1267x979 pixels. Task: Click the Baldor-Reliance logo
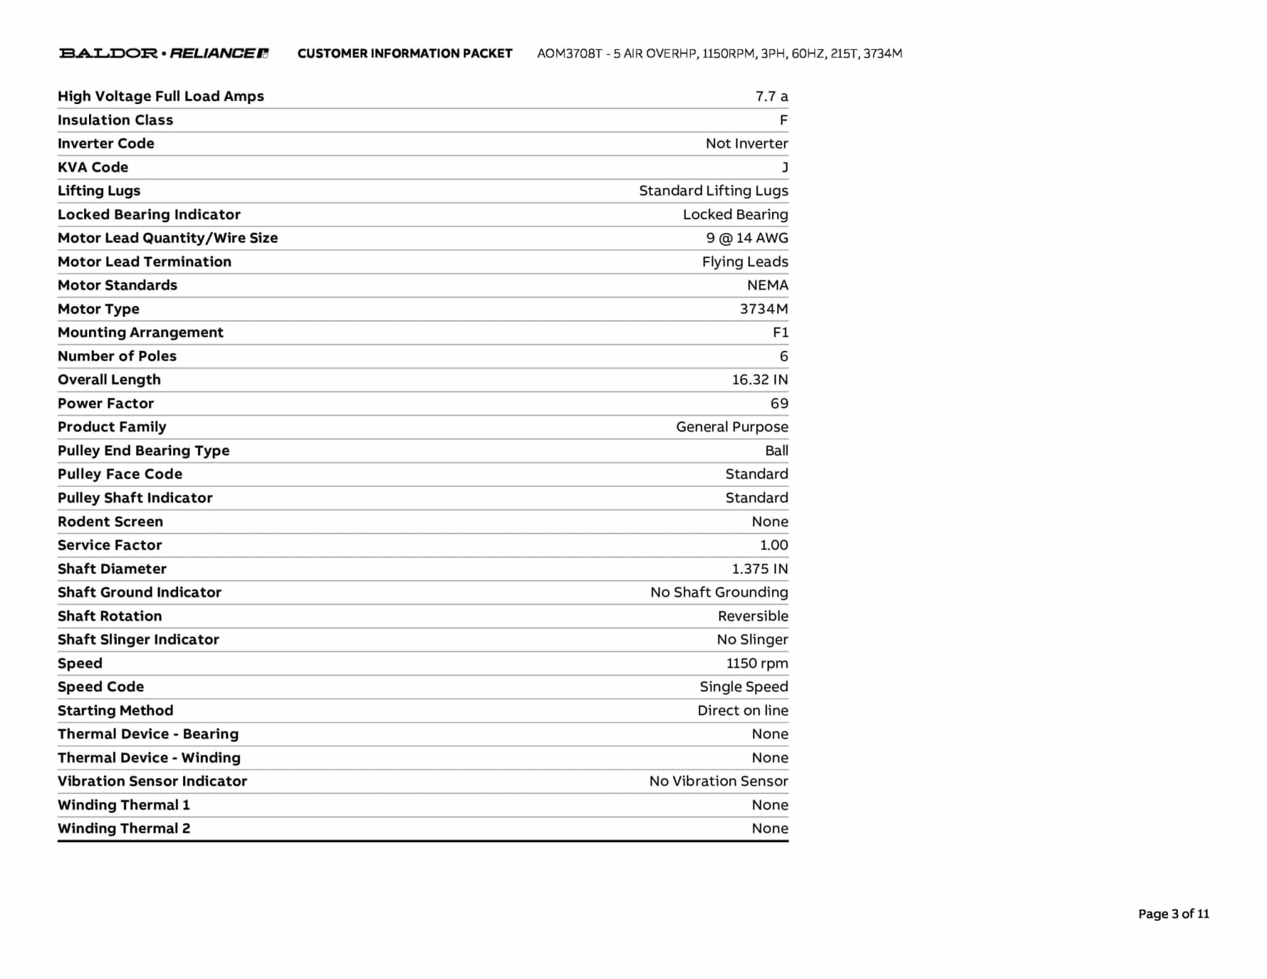(163, 53)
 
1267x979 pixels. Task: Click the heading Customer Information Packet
(405, 54)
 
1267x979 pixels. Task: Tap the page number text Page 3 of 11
(1173, 914)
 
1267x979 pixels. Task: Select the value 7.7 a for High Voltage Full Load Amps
(771, 97)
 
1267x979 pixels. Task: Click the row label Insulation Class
(115, 120)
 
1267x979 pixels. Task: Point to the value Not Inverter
(746, 144)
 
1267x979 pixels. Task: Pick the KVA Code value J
(784, 168)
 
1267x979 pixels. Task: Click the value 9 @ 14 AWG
(747, 238)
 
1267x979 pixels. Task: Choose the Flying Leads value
(744, 262)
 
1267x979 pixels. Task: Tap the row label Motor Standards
(117, 285)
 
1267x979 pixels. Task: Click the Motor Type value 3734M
(763, 309)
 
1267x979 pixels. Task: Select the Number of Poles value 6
(783, 356)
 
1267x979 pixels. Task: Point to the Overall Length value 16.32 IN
(759, 380)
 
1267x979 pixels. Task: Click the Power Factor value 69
(779, 403)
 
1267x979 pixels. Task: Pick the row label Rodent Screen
(110, 522)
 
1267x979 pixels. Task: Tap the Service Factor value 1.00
(773, 545)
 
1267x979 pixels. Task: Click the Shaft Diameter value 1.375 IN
(759, 569)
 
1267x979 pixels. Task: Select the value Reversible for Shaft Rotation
(752, 616)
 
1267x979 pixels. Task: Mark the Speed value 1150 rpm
(757, 663)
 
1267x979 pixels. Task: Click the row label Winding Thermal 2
(124, 829)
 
